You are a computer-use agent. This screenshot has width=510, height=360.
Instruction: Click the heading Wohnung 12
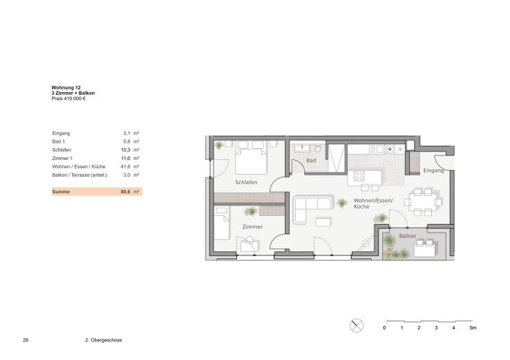[67, 88]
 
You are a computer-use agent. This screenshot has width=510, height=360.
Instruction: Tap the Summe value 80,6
[125, 191]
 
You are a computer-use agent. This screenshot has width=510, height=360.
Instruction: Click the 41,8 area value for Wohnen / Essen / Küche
[125, 167]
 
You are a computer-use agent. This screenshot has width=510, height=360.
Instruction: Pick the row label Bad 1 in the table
[58, 141]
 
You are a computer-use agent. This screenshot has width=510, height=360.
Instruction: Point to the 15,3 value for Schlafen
[125, 150]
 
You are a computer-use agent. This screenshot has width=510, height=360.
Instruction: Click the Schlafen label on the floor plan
[247, 183]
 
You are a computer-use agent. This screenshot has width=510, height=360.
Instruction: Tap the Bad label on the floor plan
[311, 161]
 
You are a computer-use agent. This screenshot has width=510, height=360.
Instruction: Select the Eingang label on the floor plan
[433, 170]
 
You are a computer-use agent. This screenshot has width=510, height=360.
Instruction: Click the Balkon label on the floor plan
[408, 236]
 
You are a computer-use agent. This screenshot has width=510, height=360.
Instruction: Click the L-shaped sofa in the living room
[311, 208]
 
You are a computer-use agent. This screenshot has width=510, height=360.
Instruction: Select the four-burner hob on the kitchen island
[360, 176]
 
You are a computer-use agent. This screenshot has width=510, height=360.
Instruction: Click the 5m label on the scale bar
[473, 327]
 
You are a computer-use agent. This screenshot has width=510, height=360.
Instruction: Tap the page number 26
[26, 341]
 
